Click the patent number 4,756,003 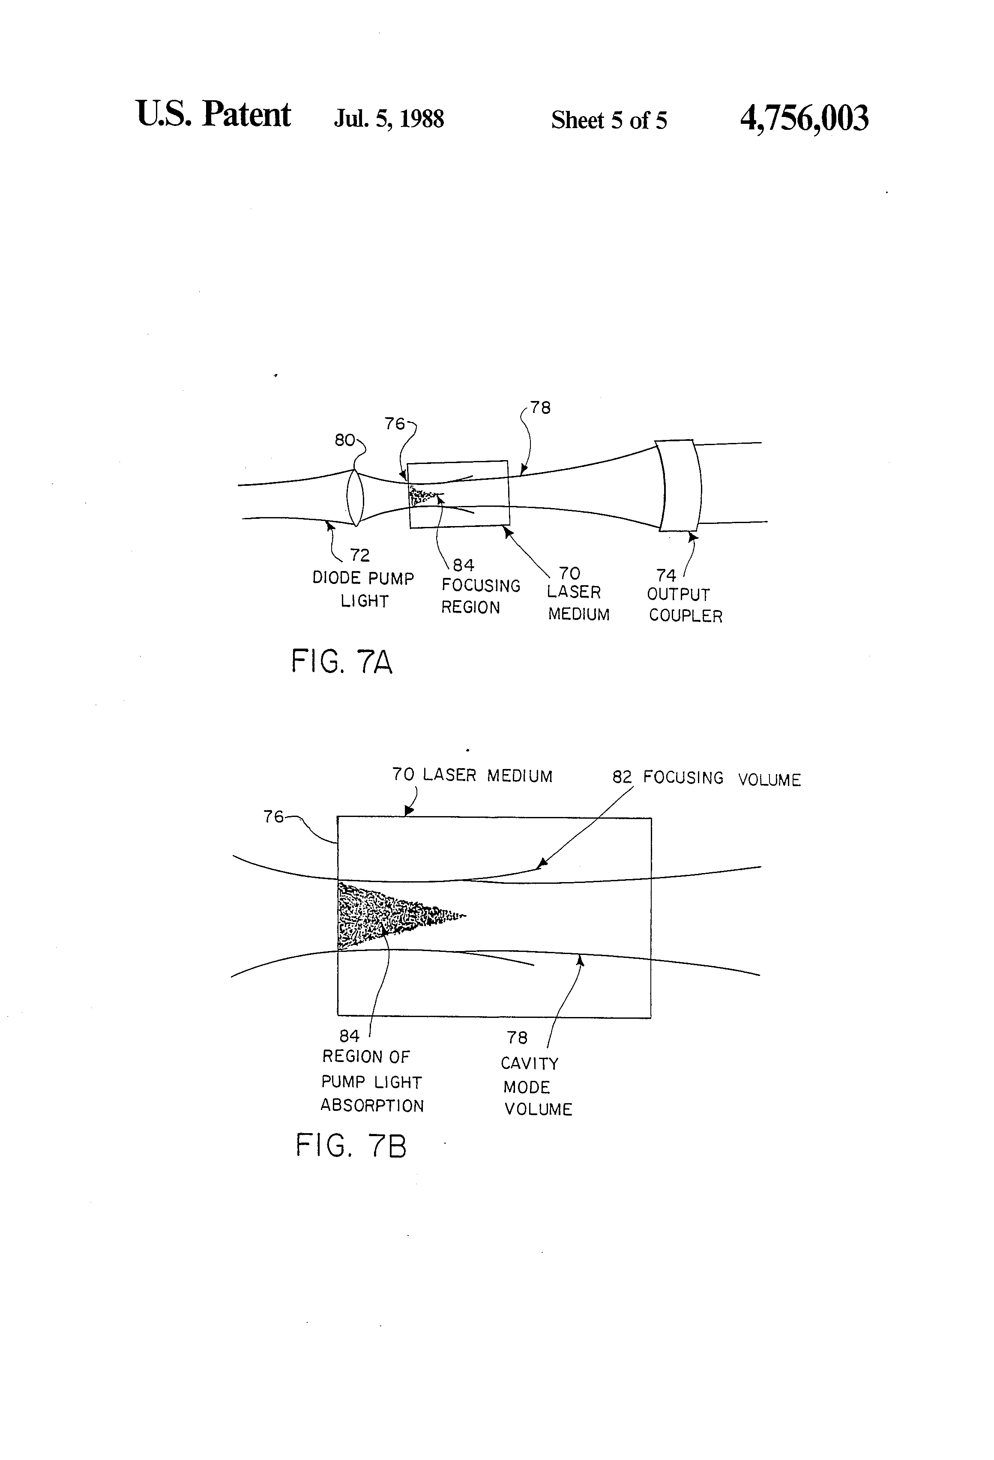(x=804, y=118)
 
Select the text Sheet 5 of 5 (x=608, y=120)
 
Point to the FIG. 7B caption (x=350, y=1145)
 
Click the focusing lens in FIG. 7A (x=355, y=497)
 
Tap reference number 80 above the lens (x=344, y=440)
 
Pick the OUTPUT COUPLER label (x=684, y=604)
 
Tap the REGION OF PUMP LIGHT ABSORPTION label (x=371, y=1080)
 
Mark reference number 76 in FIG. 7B (x=273, y=816)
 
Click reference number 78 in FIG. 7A (x=540, y=408)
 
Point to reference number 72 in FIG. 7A (x=359, y=555)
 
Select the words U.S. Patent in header (x=213, y=114)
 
